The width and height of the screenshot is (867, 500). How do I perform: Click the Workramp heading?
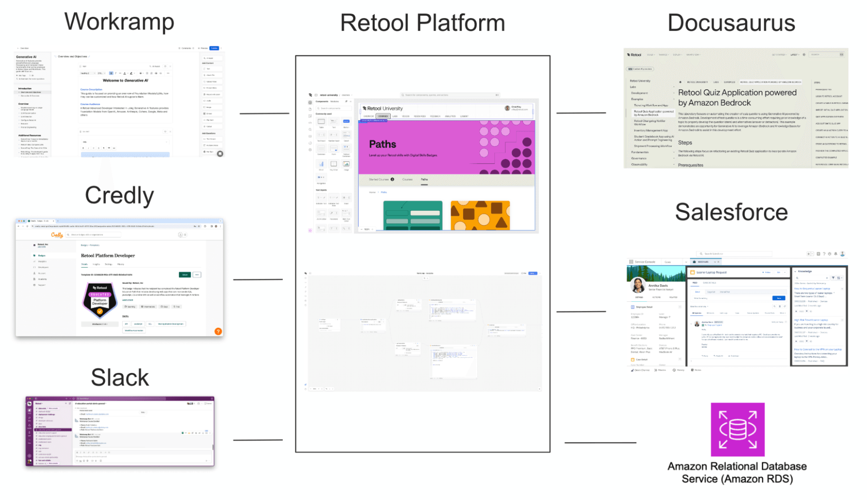[x=119, y=22]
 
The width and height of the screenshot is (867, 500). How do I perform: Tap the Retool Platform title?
[x=422, y=23]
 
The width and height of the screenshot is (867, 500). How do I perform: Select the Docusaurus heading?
[x=731, y=23]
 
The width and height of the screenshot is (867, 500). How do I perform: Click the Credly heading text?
[x=119, y=196]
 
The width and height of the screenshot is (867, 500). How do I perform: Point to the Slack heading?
[x=120, y=378]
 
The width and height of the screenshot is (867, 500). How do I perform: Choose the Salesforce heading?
[x=731, y=212]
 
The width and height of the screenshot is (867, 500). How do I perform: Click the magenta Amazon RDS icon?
[x=737, y=429]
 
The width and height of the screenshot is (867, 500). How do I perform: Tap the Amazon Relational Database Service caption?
[x=737, y=473]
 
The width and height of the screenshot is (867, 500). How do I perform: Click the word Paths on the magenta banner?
[x=383, y=144]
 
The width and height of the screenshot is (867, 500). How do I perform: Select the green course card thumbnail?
[x=412, y=215]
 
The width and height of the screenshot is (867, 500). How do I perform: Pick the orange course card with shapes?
[x=480, y=215]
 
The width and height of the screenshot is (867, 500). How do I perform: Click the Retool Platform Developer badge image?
[x=100, y=300]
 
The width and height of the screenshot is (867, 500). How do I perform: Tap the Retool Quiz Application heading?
[x=737, y=98]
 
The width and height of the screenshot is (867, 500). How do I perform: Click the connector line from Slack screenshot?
[x=258, y=440]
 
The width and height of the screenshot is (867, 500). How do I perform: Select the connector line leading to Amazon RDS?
[x=600, y=443]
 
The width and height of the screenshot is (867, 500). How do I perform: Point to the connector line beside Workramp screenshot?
[x=264, y=114]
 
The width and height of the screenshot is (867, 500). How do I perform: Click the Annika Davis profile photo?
[x=638, y=285]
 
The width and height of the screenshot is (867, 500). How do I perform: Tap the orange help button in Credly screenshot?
[x=218, y=331]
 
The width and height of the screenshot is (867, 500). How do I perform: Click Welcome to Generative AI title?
[x=125, y=81]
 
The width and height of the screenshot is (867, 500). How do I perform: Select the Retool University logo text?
[x=385, y=108]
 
